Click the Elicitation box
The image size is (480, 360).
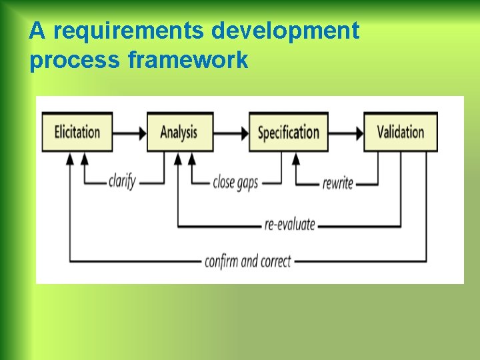click(x=77, y=132)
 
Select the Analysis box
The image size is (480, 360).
click(x=179, y=132)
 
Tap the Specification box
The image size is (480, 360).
click(x=288, y=132)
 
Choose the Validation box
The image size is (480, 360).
click(x=400, y=132)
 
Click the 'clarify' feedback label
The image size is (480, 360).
click(x=122, y=181)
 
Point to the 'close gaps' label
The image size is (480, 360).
click(x=235, y=181)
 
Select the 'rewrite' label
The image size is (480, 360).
click(x=337, y=182)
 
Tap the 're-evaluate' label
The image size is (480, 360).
click(x=289, y=224)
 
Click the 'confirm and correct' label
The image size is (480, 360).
click(x=248, y=261)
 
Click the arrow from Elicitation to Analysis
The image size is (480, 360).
click(x=129, y=133)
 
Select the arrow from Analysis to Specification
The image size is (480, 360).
click(x=231, y=133)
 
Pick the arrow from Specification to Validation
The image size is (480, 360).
click(x=345, y=133)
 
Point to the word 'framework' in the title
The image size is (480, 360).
click(x=188, y=61)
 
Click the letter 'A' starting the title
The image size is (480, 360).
click(x=37, y=31)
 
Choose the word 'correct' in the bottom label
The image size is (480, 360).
click(x=275, y=261)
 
